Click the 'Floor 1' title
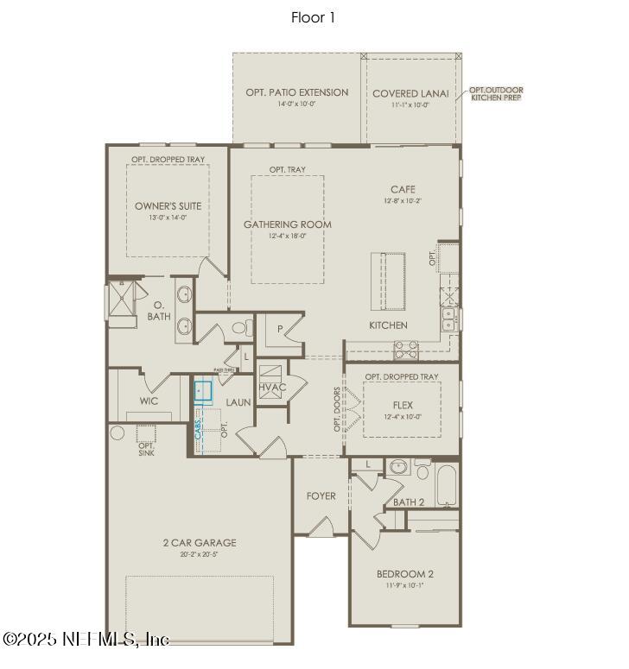coord(313,16)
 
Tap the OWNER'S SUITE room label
coord(168,206)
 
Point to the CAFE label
coord(403,190)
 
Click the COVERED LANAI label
coord(410,94)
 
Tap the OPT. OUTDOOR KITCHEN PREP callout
coord(496,94)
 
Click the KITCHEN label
coord(388,325)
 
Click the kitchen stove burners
coord(405,350)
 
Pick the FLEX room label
coord(402,405)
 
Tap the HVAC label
coord(272,388)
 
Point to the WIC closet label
coord(149,401)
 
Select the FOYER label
coord(321,496)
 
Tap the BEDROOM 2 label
coord(404,574)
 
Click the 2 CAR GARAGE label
coord(200,543)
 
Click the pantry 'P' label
coord(281,329)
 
